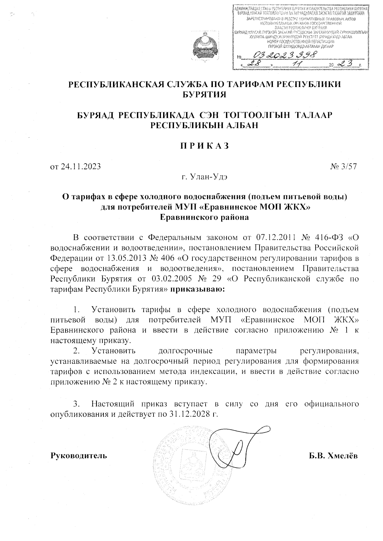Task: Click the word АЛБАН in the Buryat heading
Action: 234,125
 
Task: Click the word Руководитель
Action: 79,456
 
